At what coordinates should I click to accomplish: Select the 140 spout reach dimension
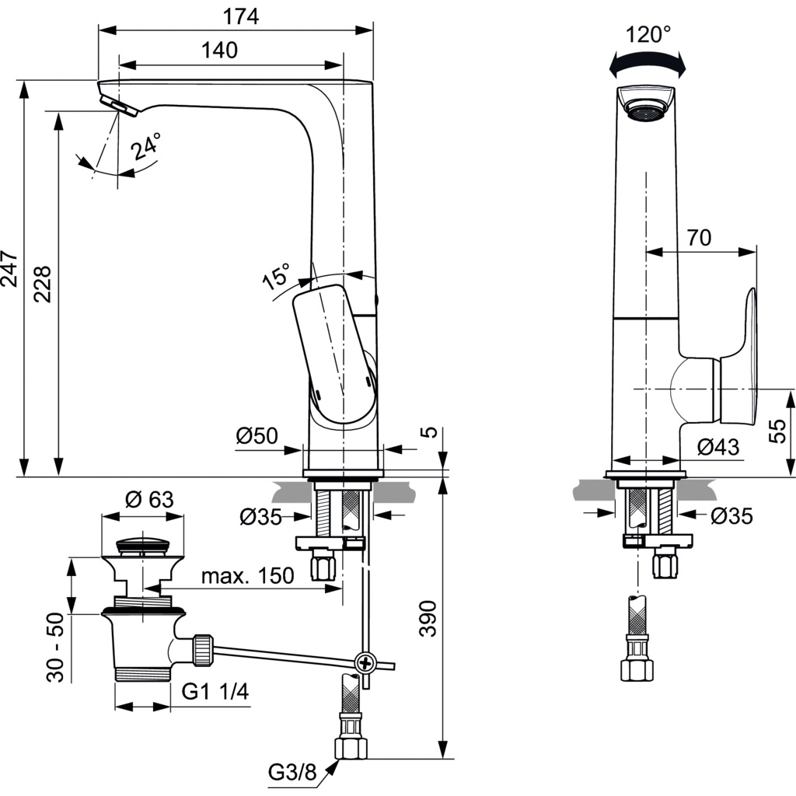click(x=220, y=50)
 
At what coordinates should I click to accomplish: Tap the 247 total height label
click(x=9, y=268)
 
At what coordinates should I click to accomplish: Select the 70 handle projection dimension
click(x=700, y=238)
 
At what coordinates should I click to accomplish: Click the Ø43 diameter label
click(x=717, y=447)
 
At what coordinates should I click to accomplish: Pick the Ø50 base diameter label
click(x=257, y=437)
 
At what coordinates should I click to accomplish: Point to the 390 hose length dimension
click(x=428, y=619)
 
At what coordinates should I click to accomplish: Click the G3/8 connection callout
click(x=293, y=772)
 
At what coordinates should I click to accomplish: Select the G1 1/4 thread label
click(x=215, y=692)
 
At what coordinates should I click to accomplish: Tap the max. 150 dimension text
click(x=248, y=576)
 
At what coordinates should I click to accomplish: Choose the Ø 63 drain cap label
click(x=149, y=499)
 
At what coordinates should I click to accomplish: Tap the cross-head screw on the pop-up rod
click(x=364, y=663)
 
